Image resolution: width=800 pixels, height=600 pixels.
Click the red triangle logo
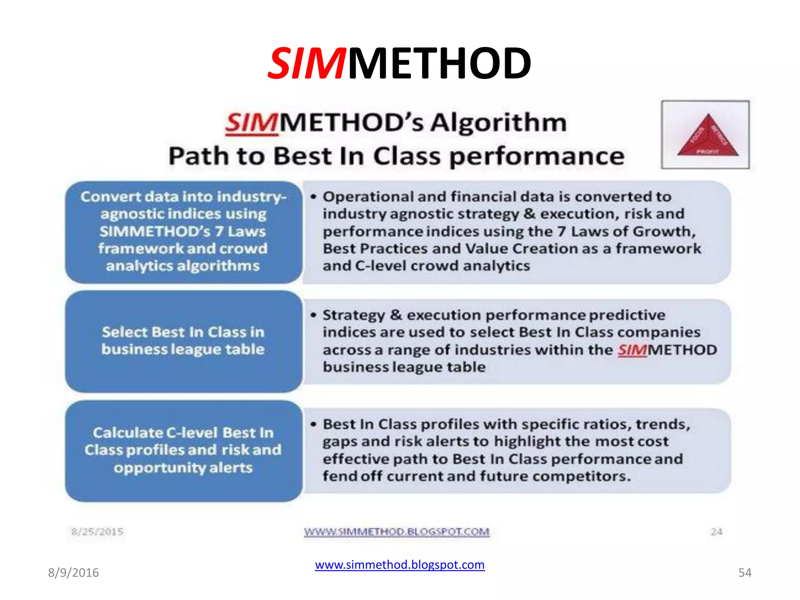point(707,136)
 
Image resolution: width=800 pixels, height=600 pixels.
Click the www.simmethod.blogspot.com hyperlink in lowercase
point(400,565)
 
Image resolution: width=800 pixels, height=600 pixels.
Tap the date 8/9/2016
point(73,573)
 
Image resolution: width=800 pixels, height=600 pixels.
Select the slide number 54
point(745,573)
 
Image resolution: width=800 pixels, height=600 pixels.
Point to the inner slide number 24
point(716,532)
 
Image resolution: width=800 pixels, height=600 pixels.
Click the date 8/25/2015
point(97,532)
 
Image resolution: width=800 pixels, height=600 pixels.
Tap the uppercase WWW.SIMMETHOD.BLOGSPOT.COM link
point(396,532)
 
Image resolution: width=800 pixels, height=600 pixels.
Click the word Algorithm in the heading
point(498,123)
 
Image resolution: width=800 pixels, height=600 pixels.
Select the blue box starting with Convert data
point(184,232)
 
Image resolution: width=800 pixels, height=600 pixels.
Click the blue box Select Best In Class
point(184,341)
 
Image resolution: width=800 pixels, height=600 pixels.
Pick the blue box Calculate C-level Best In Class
point(184,451)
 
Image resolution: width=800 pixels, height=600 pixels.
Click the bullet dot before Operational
point(313,197)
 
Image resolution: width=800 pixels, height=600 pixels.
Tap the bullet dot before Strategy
point(313,315)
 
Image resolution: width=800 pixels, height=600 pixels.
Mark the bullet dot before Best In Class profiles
point(313,425)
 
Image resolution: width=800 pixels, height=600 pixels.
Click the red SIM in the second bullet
point(632,350)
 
